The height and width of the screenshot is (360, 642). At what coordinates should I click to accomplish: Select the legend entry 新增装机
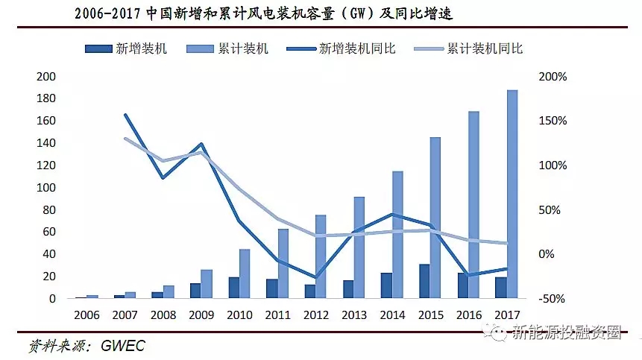tap(127, 49)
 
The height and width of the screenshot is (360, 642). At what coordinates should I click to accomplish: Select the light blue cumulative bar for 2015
tap(435, 218)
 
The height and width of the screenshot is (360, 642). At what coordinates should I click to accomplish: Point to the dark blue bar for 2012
tap(309, 291)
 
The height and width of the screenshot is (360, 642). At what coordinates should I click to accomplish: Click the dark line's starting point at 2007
tap(125, 115)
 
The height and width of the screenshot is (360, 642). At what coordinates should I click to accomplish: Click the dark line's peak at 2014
tap(393, 214)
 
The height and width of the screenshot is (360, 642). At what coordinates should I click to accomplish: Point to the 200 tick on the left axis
tap(46, 77)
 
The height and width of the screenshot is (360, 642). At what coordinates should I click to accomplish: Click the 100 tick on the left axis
tap(46, 188)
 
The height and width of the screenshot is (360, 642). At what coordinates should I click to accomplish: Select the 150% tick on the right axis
tap(553, 121)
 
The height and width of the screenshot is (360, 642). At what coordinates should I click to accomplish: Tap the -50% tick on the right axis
tap(553, 299)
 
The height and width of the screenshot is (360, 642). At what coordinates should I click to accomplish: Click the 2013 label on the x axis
tap(354, 315)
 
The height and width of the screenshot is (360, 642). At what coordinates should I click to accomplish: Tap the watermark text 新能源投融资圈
tap(566, 332)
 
